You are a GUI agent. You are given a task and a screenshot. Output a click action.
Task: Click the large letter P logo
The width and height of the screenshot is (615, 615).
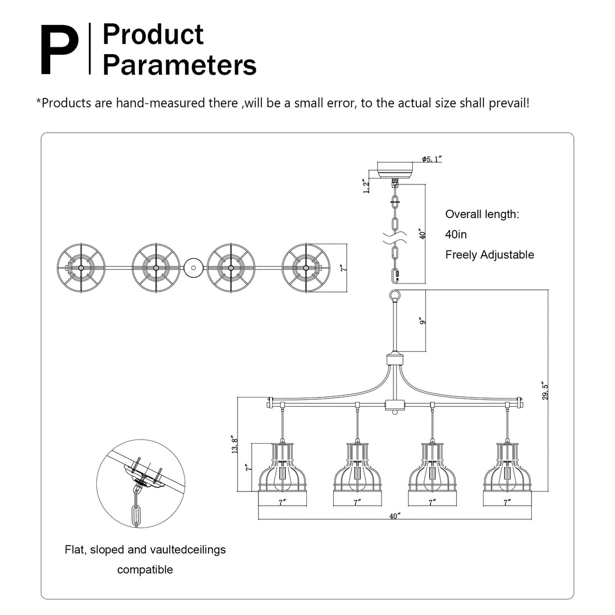[59, 50]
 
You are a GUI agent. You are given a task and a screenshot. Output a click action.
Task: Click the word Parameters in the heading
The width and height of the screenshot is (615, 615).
[179, 65]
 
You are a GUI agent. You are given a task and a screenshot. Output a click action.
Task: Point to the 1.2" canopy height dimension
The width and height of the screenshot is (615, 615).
[367, 186]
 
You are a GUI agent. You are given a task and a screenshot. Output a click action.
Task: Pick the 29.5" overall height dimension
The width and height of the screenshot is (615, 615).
[545, 391]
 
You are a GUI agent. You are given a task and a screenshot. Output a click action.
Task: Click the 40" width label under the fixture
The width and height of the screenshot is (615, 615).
[395, 516]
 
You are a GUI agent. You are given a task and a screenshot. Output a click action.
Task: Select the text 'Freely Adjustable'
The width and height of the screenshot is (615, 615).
[490, 255]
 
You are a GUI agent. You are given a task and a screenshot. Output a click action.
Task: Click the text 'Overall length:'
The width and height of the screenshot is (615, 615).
[482, 215]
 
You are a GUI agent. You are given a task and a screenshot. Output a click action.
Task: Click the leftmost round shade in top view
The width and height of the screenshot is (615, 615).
[81, 267]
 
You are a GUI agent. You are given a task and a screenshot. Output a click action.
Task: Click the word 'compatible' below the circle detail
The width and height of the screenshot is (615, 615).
[145, 569]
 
